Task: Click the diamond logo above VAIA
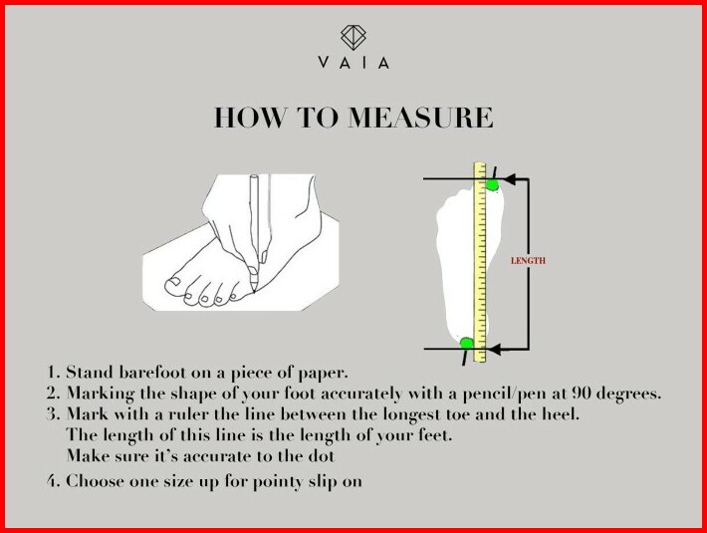tap(353, 37)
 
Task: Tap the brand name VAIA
tap(353, 62)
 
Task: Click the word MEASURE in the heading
tap(420, 118)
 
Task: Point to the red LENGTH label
tap(528, 261)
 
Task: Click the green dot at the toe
tap(492, 184)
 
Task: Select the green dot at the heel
tap(467, 343)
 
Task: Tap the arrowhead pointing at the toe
tap(509, 179)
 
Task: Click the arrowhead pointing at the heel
tap(495, 349)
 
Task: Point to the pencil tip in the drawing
tap(254, 291)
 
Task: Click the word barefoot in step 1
tap(152, 373)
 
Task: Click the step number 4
tap(53, 480)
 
